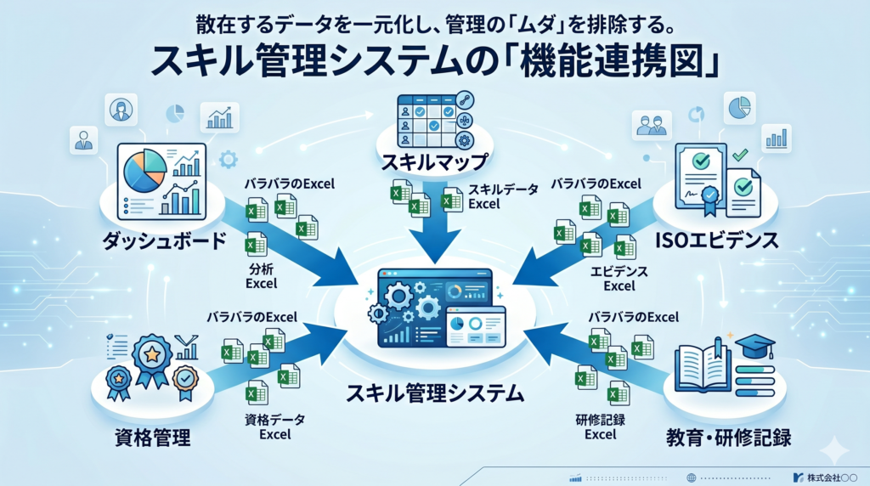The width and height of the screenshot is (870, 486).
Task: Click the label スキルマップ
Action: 435,161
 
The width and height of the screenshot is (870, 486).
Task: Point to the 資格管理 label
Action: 153,438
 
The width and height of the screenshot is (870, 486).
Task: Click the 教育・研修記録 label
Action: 730,438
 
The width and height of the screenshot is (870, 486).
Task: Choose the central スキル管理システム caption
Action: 435,393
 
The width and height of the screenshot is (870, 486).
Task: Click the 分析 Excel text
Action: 262,275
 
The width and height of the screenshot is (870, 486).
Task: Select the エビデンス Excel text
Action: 619,278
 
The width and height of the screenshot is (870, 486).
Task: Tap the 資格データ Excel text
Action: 274,427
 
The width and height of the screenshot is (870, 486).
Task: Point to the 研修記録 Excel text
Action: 601,427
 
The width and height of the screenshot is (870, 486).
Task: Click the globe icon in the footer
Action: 692,477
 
